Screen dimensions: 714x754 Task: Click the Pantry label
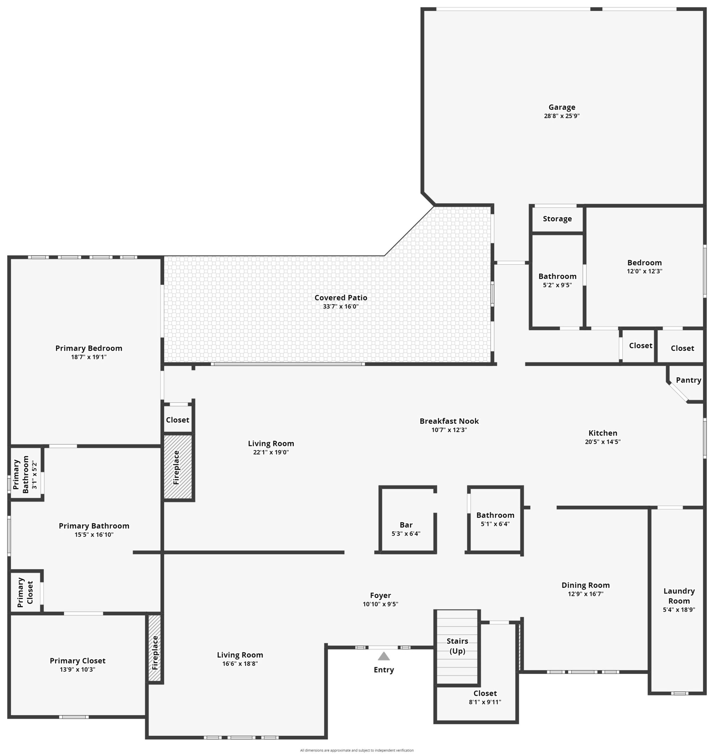pyautogui.click(x=689, y=380)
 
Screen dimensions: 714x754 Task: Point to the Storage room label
pyautogui.click(x=557, y=219)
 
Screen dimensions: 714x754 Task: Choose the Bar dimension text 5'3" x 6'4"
pyautogui.click(x=406, y=533)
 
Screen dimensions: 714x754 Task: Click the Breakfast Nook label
pyautogui.click(x=449, y=421)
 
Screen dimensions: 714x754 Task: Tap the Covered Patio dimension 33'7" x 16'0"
pyautogui.click(x=340, y=307)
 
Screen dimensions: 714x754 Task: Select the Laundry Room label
pyautogui.click(x=679, y=596)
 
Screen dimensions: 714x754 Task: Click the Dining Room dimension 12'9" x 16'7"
pyautogui.click(x=585, y=594)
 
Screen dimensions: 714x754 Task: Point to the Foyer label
pyautogui.click(x=380, y=596)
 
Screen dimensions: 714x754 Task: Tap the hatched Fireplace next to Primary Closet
pyautogui.click(x=154, y=648)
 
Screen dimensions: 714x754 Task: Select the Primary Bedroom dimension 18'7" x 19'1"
pyautogui.click(x=89, y=357)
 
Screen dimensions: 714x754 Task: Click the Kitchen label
pyautogui.click(x=603, y=433)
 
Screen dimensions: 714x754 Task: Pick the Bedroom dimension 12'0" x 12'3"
pyautogui.click(x=644, y=271)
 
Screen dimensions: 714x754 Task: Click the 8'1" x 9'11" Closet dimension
pyautogui.click(x=485, y=702)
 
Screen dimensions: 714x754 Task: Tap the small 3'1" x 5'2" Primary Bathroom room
pyautogui.click(x=25, y=473)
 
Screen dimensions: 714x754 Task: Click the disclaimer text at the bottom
pyautogui.click(x=357, y=750)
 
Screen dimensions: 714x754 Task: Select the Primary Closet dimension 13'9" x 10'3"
pyautogui.click(x=77, y=669)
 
